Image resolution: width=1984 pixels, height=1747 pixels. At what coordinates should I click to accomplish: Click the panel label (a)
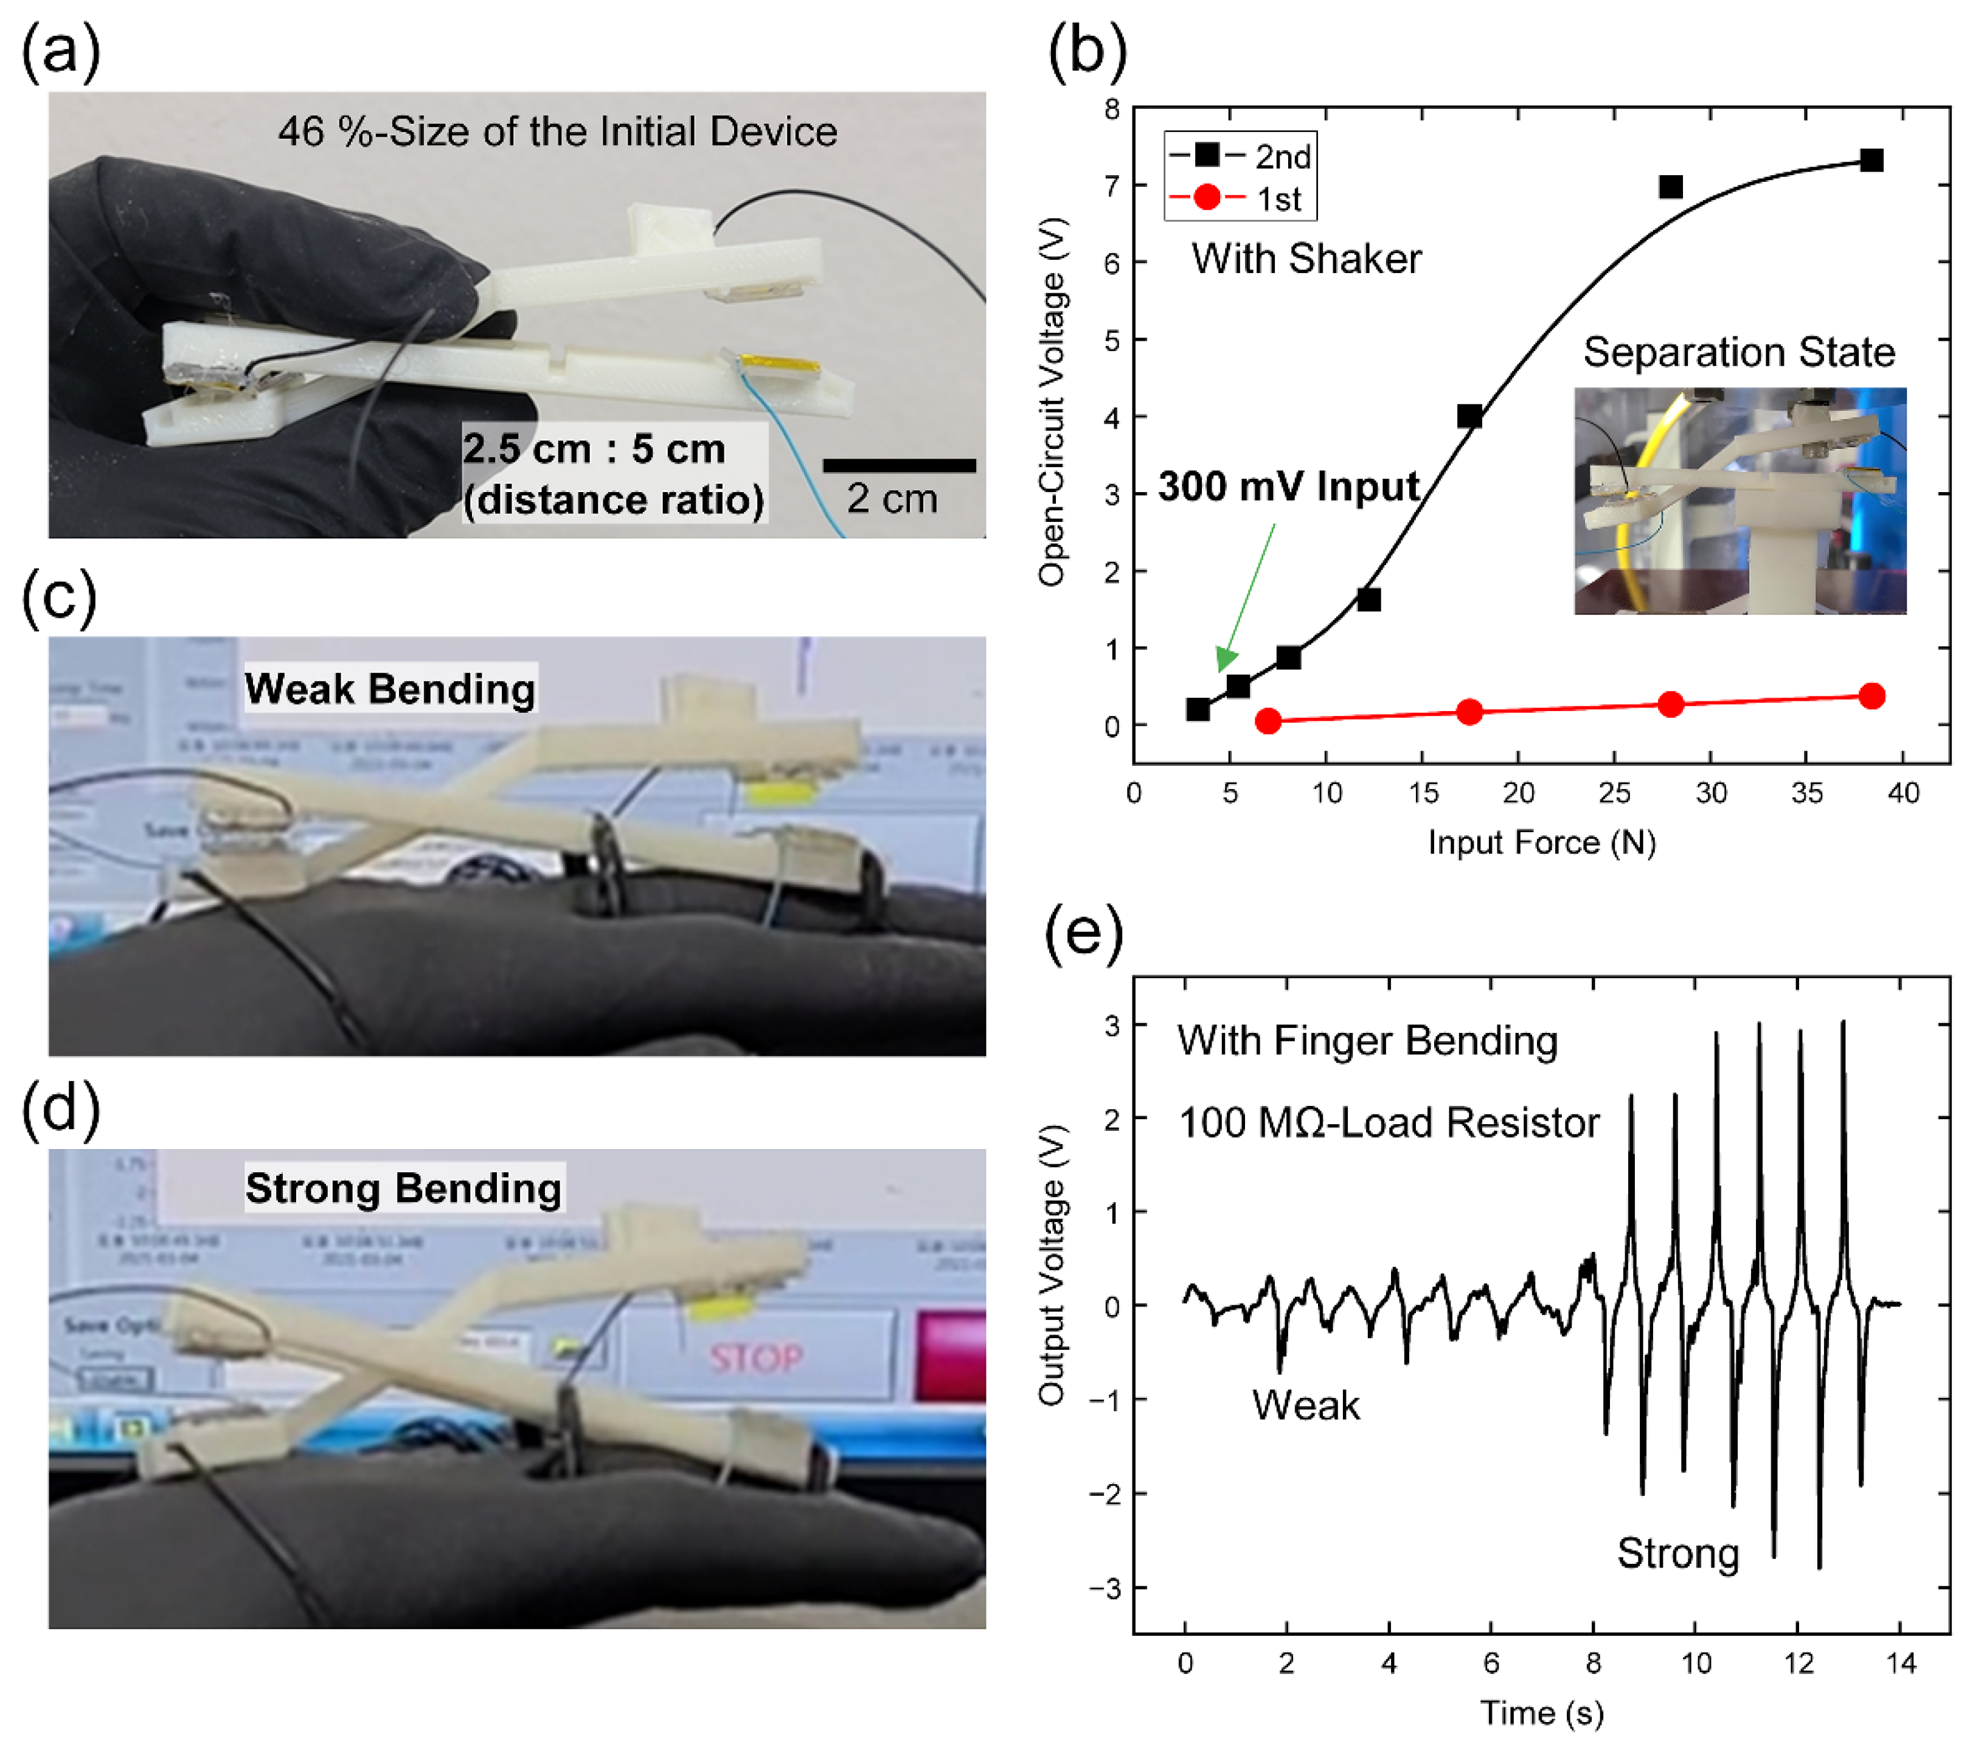[x=60, y=50]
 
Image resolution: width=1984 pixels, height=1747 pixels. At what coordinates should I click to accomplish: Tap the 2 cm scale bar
[x=899, y=466]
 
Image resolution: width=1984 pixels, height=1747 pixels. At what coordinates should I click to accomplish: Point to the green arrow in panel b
[x=1246, y=597]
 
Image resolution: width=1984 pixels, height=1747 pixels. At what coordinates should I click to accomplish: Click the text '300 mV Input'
[x=1288, y=486]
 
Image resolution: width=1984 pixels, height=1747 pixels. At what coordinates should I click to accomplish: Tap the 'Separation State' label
[x=1738, y=352]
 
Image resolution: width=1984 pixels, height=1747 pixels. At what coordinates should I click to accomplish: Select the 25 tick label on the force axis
[x=1614, y=793]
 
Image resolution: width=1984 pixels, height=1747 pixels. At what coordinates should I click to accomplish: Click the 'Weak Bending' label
[x=389, y=688]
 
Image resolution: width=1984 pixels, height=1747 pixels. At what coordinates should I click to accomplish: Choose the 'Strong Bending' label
[x=403, y=1188]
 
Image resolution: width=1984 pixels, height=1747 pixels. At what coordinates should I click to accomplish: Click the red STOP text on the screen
[x=755, y=1357]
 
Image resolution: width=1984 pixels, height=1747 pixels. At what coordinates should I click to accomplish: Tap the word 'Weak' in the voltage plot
[x=1305, y=1405]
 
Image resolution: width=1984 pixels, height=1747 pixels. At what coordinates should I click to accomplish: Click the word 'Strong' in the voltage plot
[x=1677, y=1553]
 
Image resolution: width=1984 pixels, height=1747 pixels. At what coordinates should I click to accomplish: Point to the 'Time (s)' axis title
[x=1541, y=1713]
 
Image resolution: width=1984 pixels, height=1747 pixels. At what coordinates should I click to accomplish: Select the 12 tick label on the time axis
[x=1798, y=1664]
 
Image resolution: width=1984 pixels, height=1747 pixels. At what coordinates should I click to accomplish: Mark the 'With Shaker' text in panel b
[x=1306, y=259]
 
